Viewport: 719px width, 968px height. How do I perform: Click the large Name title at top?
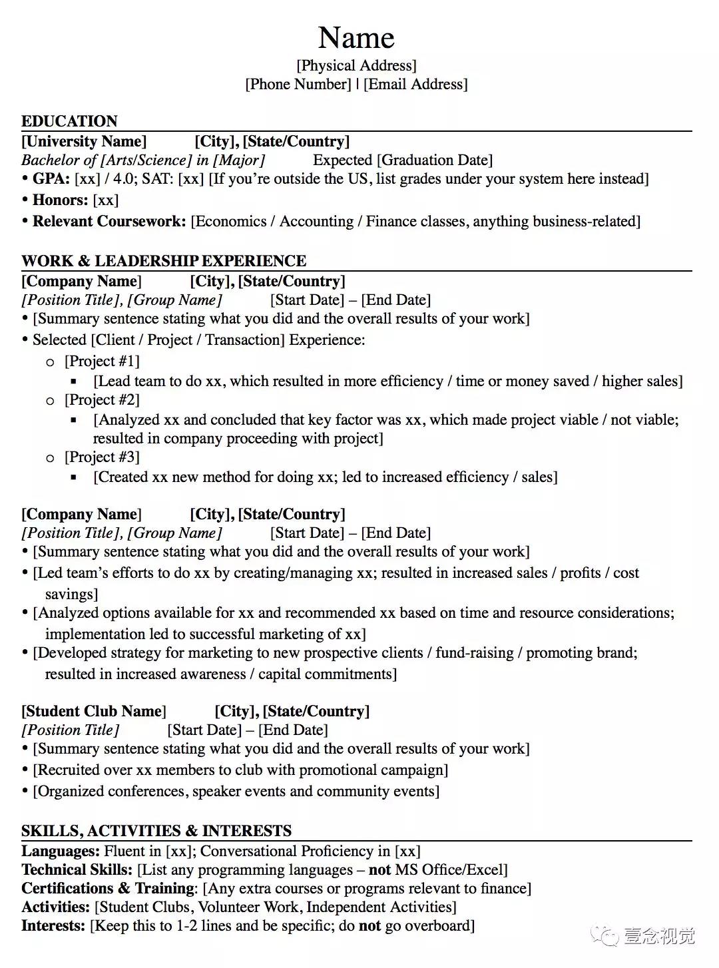[356, 37]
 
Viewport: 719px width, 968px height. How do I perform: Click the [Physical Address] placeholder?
[356, 65]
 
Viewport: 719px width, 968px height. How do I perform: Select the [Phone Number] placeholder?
[298, 84]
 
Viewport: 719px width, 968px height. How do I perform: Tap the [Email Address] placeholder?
[415, 84]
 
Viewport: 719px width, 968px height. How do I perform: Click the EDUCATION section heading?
[69, 121]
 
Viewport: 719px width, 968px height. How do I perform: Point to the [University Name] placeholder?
[84, 141]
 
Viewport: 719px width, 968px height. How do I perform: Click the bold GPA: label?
[51, 178]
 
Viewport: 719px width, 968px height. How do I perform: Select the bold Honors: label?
[60, 200]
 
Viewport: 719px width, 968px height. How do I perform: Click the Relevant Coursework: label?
[109, 221]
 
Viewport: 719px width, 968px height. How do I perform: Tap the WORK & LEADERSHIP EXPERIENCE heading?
[164, 261]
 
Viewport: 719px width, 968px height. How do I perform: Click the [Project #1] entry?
[102, 361]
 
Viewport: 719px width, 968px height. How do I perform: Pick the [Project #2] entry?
[102, 399]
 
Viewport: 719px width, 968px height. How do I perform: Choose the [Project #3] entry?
[102, 457]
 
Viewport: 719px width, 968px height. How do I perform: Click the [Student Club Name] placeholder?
[94, 711]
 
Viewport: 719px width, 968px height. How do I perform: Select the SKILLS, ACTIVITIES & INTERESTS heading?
[156, 831]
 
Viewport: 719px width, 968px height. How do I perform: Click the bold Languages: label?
[61, 851]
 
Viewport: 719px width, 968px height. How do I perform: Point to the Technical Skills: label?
[77, 869]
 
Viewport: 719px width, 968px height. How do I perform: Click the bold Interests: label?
[53, 925]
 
